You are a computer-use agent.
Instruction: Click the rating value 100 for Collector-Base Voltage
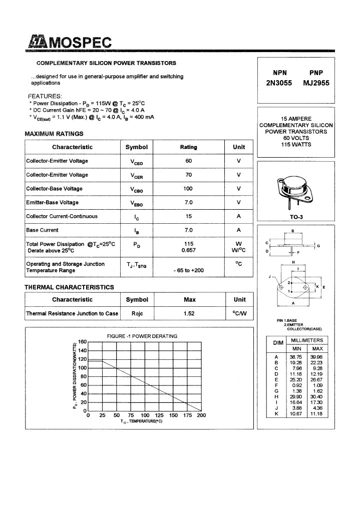188,189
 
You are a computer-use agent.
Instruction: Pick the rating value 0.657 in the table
188,250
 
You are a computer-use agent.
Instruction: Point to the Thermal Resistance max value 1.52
188,313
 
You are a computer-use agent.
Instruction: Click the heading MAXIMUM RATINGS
54,134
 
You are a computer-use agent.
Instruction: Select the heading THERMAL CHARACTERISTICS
69,287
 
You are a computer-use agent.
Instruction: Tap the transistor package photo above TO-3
293,191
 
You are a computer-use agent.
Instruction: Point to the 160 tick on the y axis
82,342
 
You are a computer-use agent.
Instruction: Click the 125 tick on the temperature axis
159,415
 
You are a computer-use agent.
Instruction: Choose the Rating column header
188,147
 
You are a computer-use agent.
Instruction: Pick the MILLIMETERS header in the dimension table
307,340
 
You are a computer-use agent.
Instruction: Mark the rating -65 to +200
188,270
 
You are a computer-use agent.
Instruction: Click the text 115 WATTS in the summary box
297,145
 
